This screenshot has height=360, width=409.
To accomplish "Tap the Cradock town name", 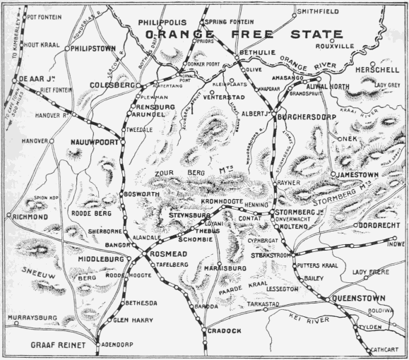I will [224, 331].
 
